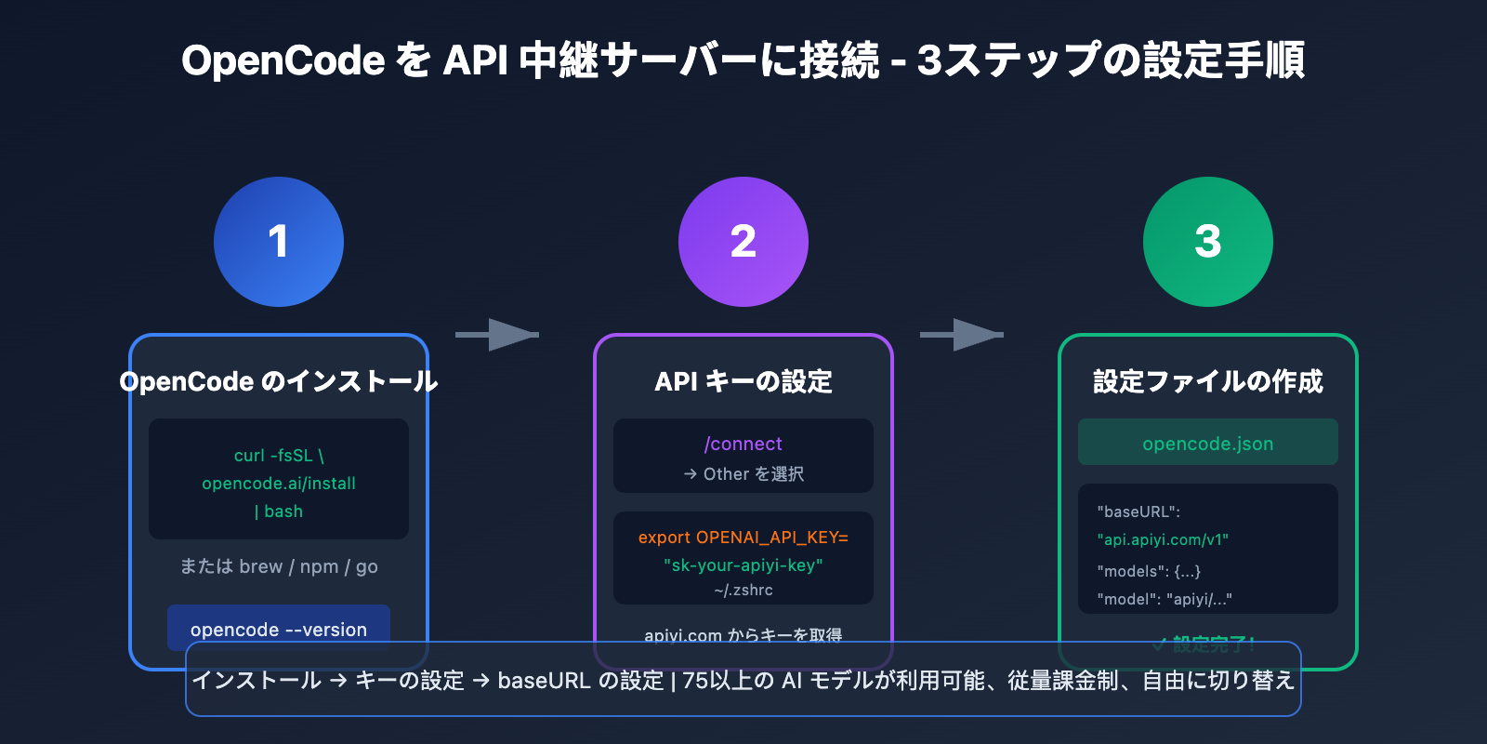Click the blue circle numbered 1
279,242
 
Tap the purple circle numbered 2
743,242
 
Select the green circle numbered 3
1208,242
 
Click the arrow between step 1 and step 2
498,335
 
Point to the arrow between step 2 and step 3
963,335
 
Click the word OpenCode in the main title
283,61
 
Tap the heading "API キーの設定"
743,381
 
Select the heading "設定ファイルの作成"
1208,381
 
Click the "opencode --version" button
279,629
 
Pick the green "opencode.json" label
1208,444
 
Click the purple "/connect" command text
743,444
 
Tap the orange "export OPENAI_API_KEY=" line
743,538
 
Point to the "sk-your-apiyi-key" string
743,565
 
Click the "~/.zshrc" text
743,590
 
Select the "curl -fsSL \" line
279,456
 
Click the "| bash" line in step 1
279,511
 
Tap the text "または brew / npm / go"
279,566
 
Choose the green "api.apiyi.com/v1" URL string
1163,539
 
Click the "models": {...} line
1149,571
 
